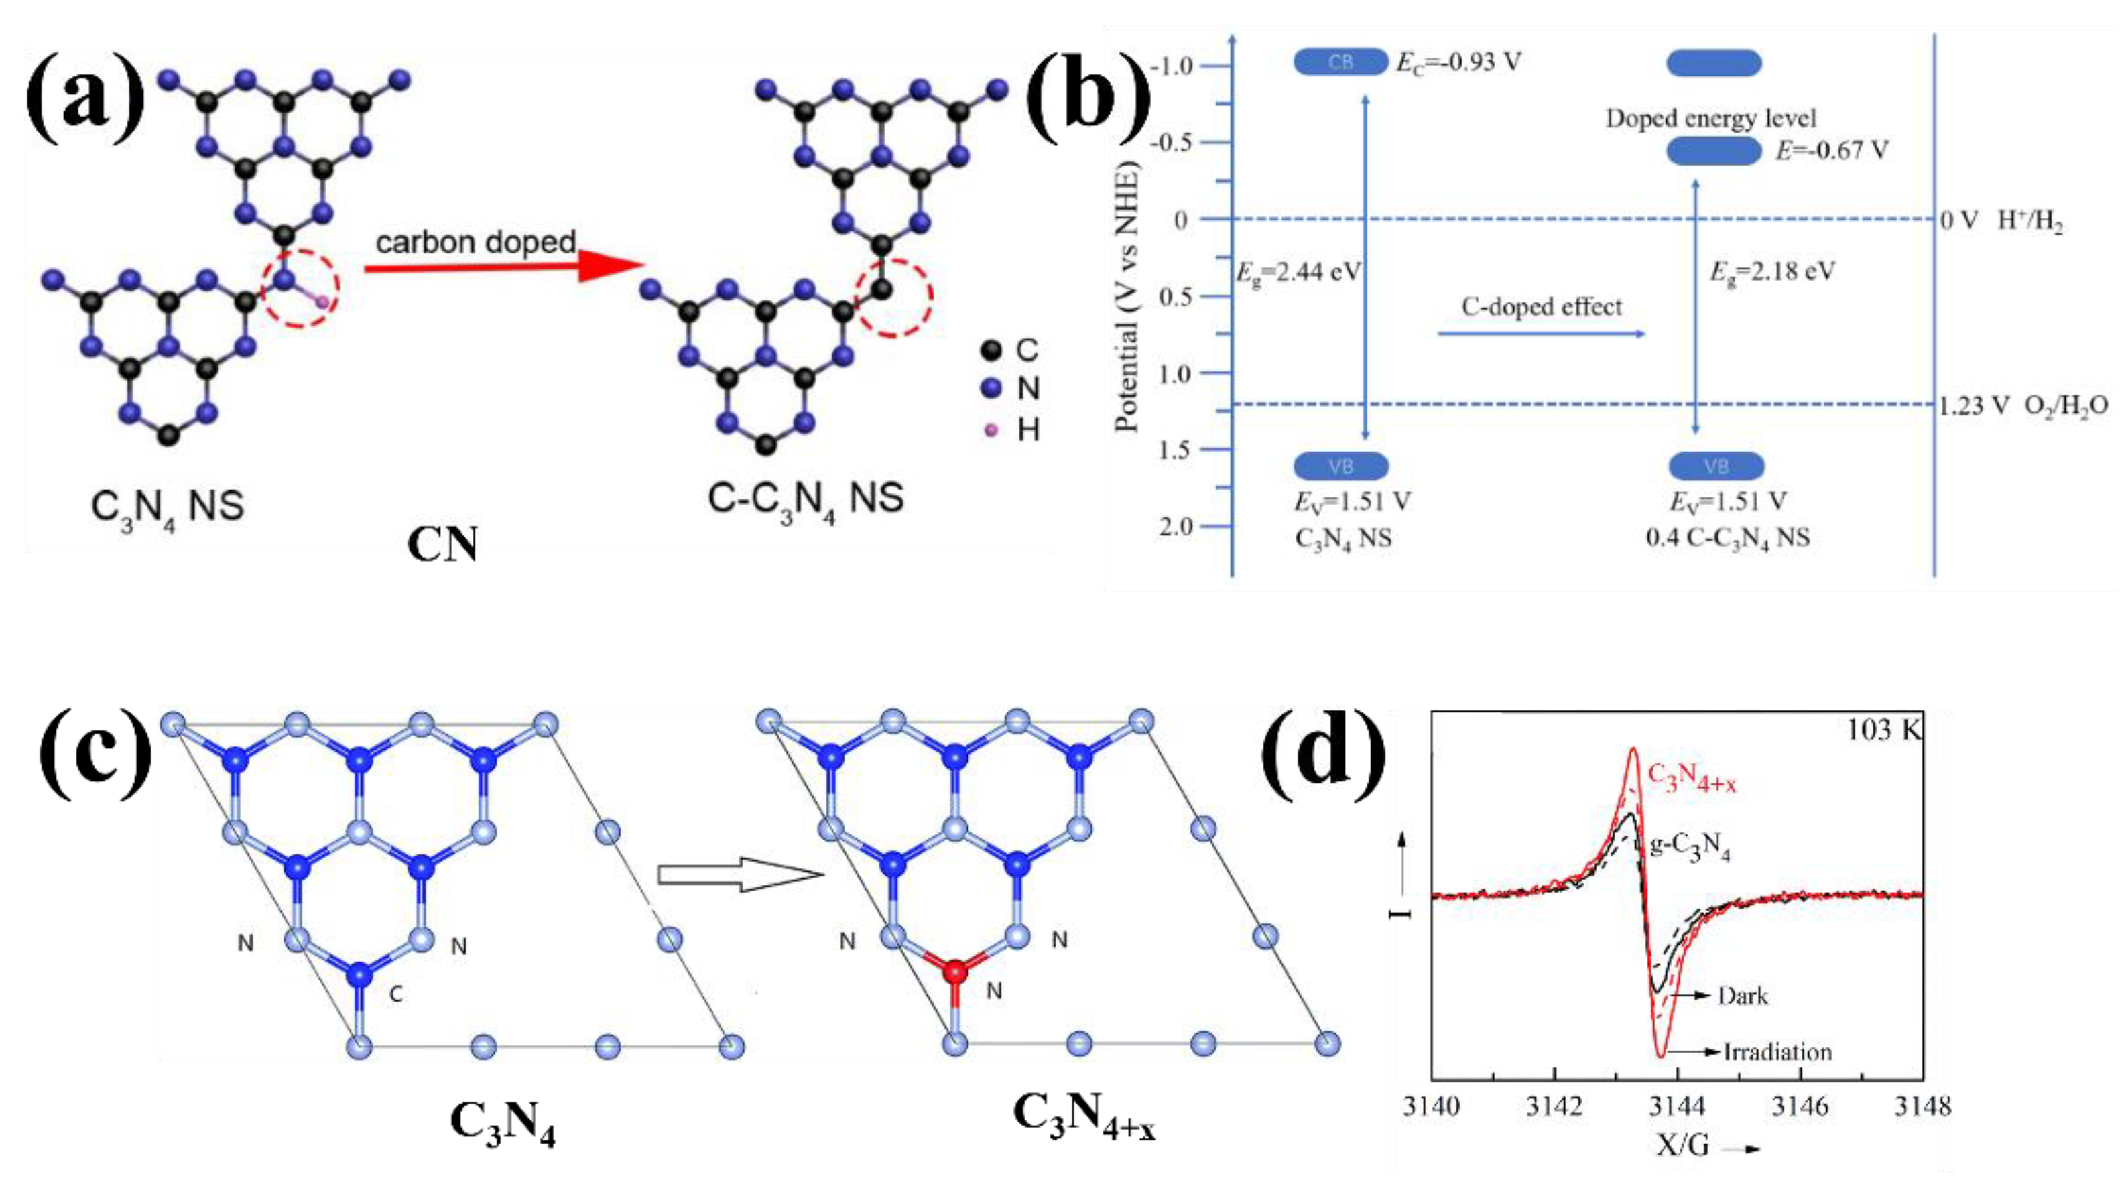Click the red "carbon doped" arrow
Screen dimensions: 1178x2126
[503, 267]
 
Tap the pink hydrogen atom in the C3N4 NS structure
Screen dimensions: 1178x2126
[322, 302]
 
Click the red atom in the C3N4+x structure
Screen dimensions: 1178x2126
[955, 972]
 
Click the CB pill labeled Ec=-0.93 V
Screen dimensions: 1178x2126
[1340, 62]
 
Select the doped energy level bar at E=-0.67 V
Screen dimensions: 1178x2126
[1713, 151]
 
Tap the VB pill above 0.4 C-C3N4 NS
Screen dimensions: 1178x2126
[1716, 466]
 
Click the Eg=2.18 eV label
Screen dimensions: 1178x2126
[1772, 271]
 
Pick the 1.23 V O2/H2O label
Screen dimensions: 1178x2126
[2022, 406]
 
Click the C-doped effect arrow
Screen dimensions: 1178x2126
[1541, 333]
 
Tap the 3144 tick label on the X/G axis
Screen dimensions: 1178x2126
[1677, 1106]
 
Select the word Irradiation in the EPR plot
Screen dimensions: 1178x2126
[1777, 1052]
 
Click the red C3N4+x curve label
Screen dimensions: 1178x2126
[1691, 778]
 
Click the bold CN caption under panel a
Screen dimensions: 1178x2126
[442, 545]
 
